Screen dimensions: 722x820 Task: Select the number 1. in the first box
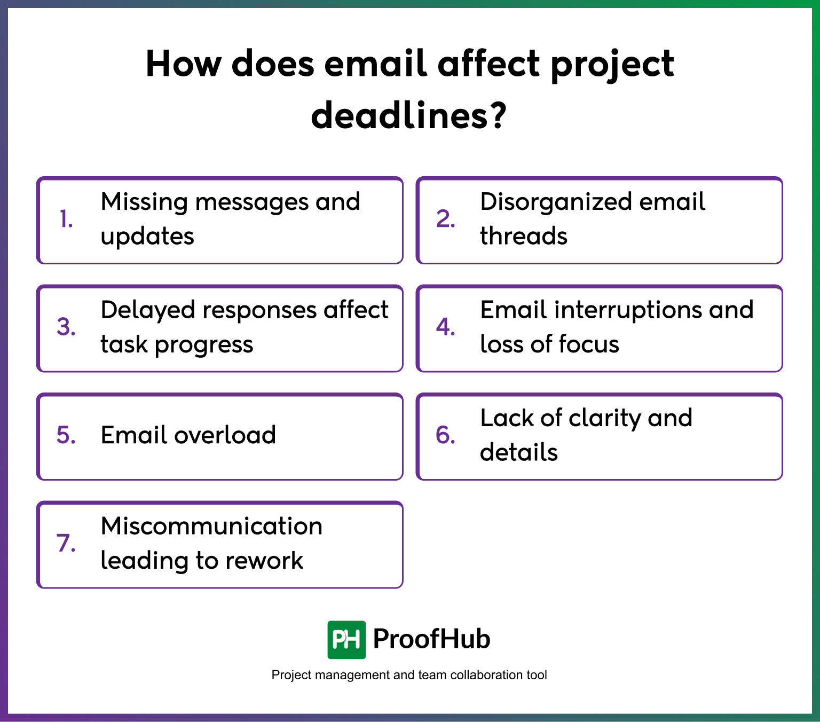66,219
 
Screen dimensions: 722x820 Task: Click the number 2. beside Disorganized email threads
445,219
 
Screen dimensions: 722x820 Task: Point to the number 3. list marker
66,327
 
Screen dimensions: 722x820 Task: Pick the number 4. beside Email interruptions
445,327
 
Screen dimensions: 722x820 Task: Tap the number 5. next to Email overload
66,435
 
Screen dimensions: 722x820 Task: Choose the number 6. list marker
445,435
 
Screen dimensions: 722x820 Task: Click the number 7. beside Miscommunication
66,543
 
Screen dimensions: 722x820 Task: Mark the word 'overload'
225,435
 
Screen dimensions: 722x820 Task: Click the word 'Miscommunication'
211,527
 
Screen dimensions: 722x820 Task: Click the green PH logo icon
346,640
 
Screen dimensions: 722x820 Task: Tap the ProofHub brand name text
431,639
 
